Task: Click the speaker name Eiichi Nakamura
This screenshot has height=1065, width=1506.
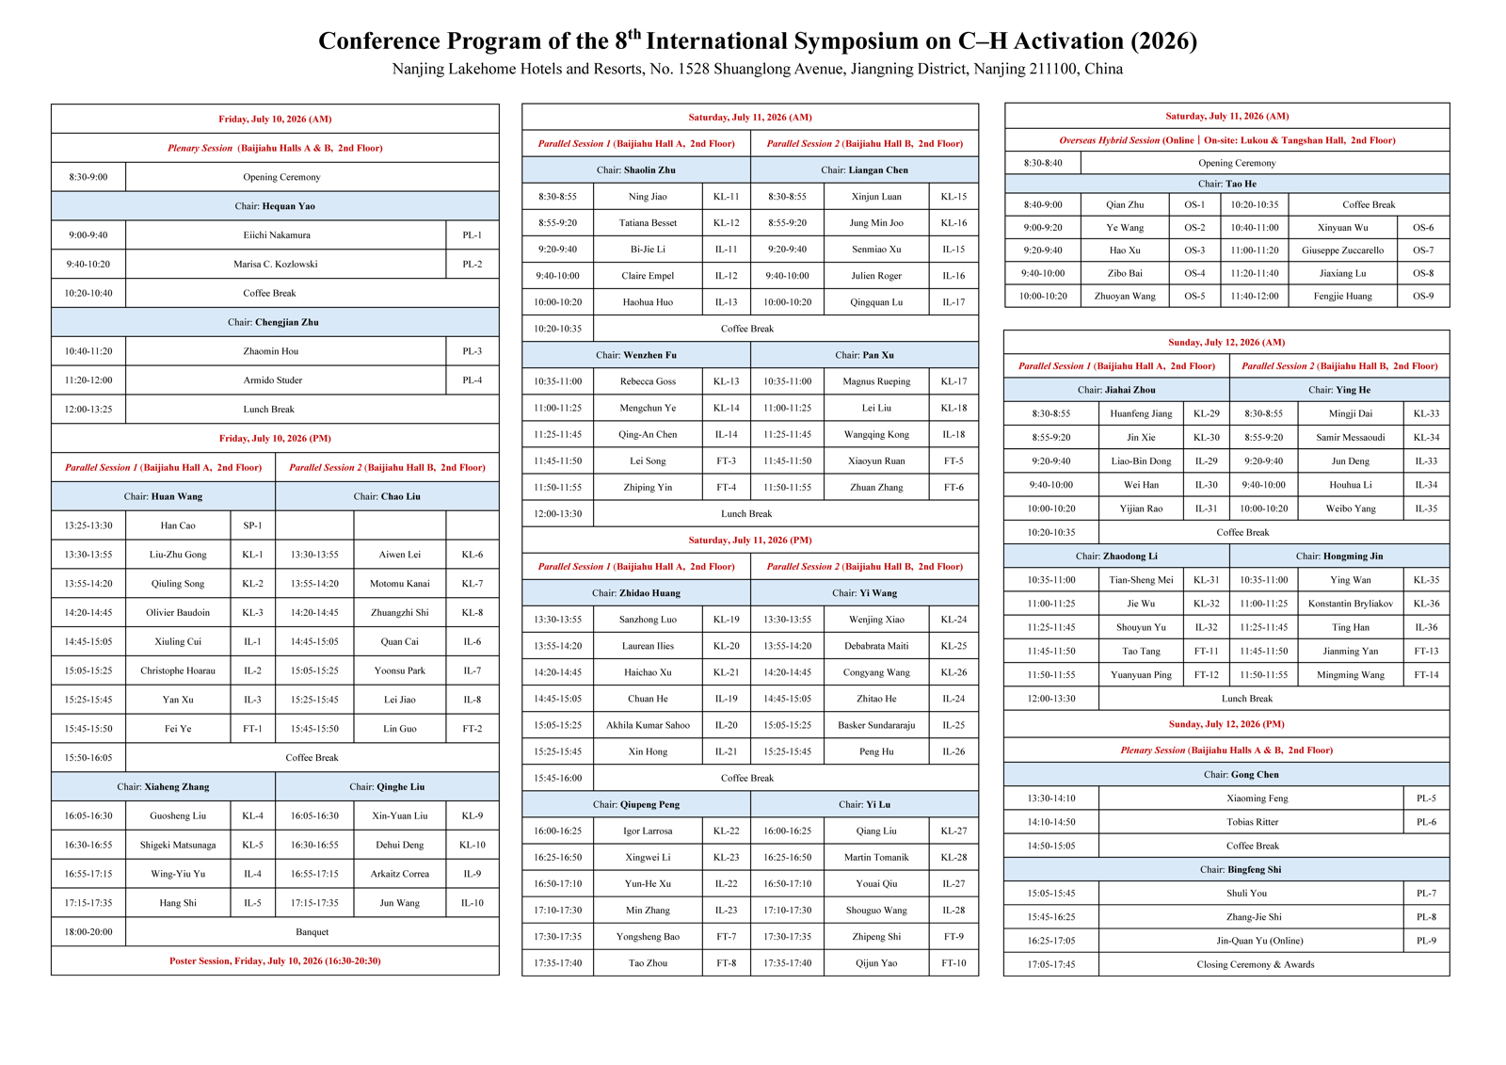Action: [277, 234]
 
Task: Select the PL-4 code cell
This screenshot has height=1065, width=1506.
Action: [472, 380]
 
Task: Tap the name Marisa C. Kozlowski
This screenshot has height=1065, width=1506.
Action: [275, 264]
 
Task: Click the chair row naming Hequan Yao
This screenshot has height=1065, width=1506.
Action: [275, 206]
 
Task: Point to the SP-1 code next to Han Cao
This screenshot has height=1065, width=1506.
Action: [252, 525]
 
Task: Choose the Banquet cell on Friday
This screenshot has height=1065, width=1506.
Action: [312, 932]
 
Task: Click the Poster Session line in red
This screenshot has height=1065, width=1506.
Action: [275, 960]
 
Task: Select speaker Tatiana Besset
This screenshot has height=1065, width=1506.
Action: [648, 222]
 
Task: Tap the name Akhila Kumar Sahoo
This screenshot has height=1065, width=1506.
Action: [648, 724]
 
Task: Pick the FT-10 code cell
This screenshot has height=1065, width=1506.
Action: [953, 962]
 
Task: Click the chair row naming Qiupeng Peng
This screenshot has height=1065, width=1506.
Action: [636, 804]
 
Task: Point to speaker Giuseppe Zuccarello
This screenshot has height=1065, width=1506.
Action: [1342, 250]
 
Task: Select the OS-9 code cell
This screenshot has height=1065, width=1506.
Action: [1422, 296]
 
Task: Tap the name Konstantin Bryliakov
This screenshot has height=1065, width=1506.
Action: [1350, 604]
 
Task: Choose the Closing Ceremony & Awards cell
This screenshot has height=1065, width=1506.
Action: [1256, 964]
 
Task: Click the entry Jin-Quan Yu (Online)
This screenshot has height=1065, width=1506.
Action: [1259, 941]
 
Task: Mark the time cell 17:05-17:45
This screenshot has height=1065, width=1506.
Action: [1050, 964]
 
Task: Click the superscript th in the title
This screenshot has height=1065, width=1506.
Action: [634, 33]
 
